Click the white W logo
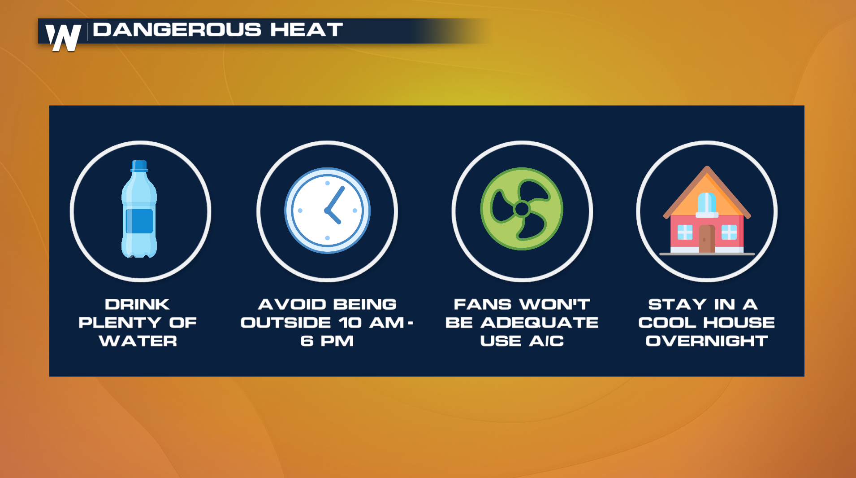tap(63, 38)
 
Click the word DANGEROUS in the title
tap(177, 30)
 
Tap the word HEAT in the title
tap(307, 30)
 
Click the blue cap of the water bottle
tap(139, 166)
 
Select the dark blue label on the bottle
tap(139, 221)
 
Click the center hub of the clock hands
tap(328, 210)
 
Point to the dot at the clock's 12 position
tap(328, 183)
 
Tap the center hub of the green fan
tap(522, 209)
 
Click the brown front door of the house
tap(707, 238)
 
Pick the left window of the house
tap(685, 232)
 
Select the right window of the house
tap(729, 232)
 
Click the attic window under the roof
tap(707, 203)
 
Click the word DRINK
tap(138, 304)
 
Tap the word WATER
tap(138, 341)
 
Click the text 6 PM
tap(327, 341)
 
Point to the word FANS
tap(482, 304)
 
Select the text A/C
tap(546, 341)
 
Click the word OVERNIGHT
tap(707, 341)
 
